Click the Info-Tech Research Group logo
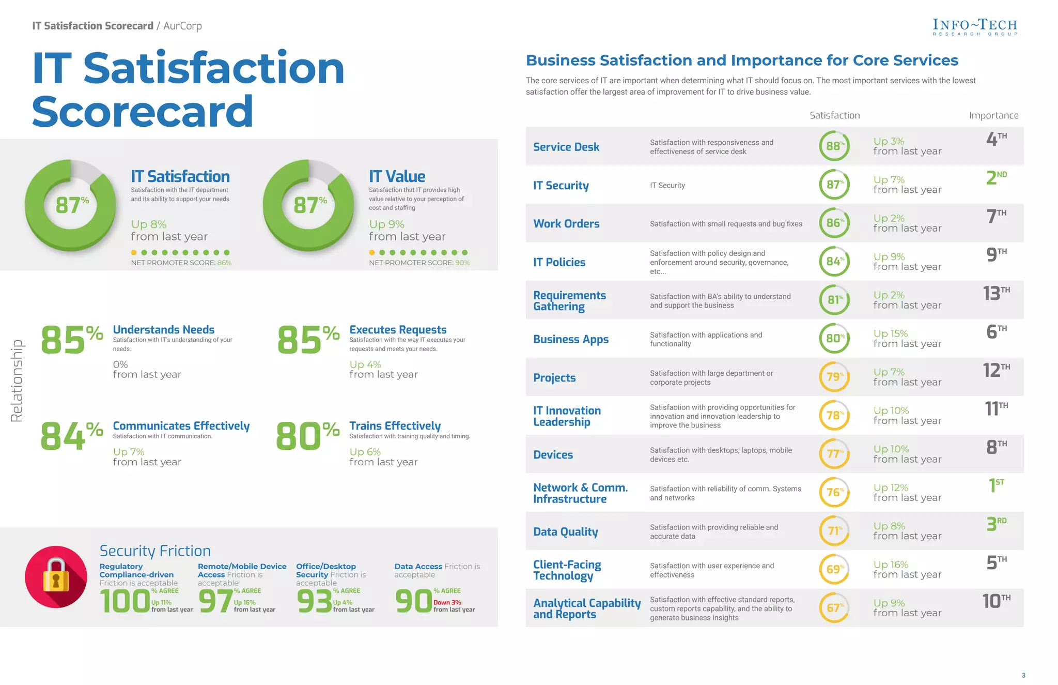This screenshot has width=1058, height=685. [x=974, y=27]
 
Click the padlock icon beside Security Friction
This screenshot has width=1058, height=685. [x=56, y=576]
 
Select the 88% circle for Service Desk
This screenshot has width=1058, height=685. [x=834, y=146]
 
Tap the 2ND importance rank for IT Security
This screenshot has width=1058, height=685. [x=995, y=178]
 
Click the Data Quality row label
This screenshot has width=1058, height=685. [x=565, y=531]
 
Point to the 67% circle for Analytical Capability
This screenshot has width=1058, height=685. [x=834, y=607]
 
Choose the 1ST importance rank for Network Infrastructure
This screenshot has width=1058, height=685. [x=995, y=485]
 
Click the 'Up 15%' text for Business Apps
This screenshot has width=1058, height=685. [x=890, y=333]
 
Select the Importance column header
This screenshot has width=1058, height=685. [x=993, y=115]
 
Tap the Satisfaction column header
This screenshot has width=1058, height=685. [x=834, y=115]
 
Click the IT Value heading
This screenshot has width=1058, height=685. [x=397, y=176]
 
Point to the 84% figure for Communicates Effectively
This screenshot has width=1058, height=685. [x=71, y=435]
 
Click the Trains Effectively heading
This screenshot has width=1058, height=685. [x=395, y=425]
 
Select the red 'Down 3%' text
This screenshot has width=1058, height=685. [x=447, y=602]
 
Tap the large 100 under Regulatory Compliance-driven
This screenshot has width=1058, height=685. [x=125, y=602]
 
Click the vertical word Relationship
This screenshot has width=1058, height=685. [x=17, y=380]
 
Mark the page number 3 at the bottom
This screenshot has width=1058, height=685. [x=1023, y=675]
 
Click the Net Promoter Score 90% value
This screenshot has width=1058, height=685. [x=462, y=263]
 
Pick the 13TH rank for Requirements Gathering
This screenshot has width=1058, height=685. [x=995, y=293]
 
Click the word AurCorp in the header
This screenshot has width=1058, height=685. [x=182, y=26]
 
